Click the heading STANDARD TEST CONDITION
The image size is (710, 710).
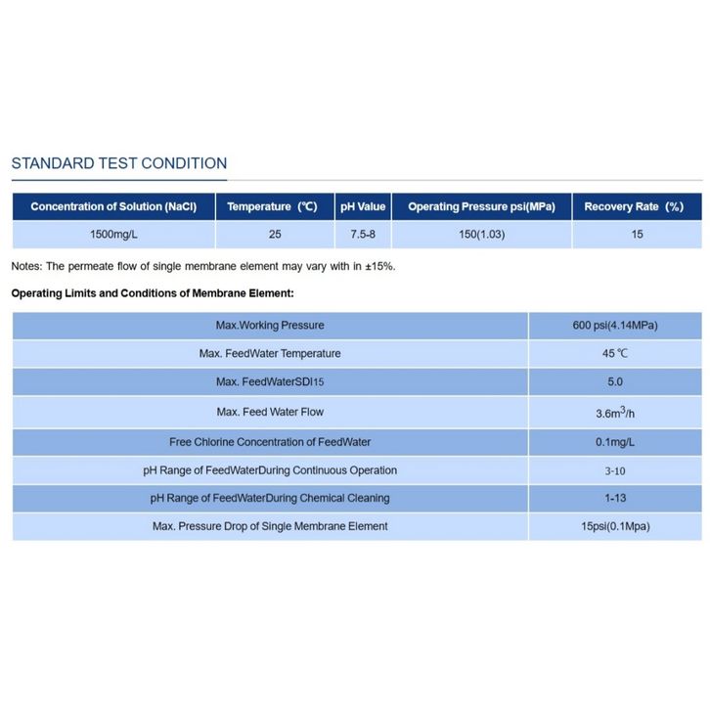click(x=118, y=163)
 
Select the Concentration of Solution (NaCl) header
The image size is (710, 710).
click(x=113, y=206)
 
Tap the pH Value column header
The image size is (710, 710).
click(x=363, y=206)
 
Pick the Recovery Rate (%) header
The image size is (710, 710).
click(x=634, y=206)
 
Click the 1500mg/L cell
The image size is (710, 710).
click(x=113, y=234)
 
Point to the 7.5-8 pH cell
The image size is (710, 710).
click(x=363, y=234)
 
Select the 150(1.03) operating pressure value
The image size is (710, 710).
click(x=481, y=234)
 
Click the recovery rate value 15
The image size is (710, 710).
click(x=637, y=234)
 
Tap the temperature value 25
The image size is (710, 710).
click(x=275, y=234)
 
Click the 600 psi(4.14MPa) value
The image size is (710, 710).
click(x=615, y=325)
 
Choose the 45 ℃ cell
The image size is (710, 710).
click(x=615, y=353)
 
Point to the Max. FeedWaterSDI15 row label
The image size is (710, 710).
click(x=269, y=382)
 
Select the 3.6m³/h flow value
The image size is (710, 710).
click(x=615, y=412)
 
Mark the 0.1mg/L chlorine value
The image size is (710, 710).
click(x=615, y=442)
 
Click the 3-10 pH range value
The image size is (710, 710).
click(x=615, y=470)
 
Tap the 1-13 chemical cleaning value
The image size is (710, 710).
click(x=615, y=498)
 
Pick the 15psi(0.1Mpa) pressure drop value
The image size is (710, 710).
click(x=615, y=526)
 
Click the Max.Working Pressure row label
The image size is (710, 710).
click(x=269, y=325)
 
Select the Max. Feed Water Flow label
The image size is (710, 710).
click(x=269, y=412)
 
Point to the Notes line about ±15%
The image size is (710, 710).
click(x=203, y=266)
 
